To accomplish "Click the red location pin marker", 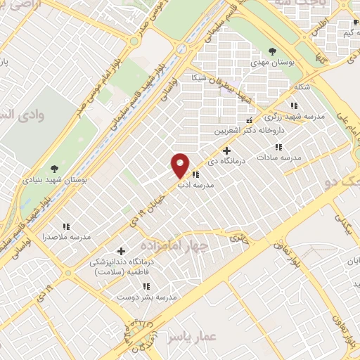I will [x=181, y=165].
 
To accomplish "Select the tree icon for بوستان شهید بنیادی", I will [x=54, y=168].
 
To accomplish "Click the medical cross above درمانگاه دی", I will [x=226, y=150].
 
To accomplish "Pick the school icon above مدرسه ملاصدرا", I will [x=66, y=226].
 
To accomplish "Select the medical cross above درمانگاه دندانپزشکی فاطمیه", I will [x=121, y=251].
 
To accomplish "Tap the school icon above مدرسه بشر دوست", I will [x=147, y=285].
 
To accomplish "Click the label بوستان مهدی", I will [x=272, y=63].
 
